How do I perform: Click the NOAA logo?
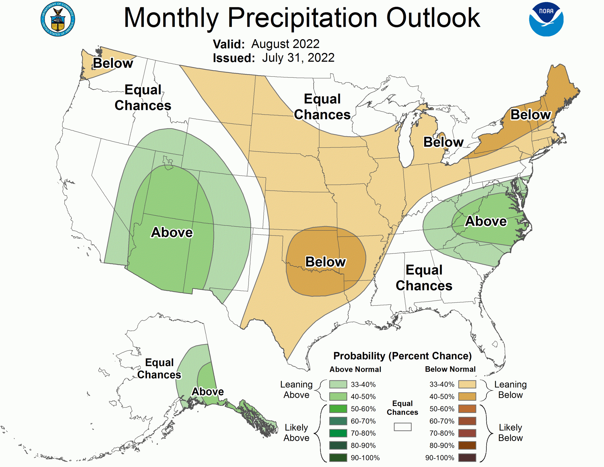pos(546,19)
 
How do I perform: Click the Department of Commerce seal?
pos(58,19)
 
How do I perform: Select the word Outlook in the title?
pos(433,17)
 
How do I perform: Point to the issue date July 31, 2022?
pos(298,58)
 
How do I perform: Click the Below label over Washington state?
pos(113,63)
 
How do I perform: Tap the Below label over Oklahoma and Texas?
pos(326,262)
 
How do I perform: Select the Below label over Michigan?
pos(443,142)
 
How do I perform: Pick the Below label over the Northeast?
pos(530,114)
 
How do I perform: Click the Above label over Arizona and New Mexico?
pos(172,232)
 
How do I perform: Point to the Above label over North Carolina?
pos(486,221)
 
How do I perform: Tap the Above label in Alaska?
pos(208,391)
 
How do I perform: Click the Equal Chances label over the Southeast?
pos(424,278)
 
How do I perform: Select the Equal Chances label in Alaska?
pos(159,369)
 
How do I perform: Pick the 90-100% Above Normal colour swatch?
pos(338,458)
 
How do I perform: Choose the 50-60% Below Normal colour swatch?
pos(467,409)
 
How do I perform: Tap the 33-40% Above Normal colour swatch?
pos(338,384)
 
